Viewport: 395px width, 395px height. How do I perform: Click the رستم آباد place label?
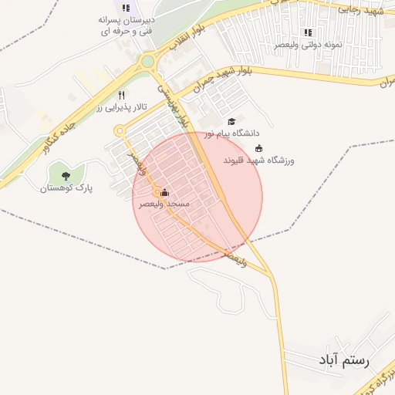(344, 360)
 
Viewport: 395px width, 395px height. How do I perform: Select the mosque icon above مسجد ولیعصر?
(164, 193)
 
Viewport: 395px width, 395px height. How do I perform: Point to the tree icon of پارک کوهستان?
(65, 177)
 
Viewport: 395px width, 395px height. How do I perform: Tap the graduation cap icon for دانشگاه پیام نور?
(231, 122)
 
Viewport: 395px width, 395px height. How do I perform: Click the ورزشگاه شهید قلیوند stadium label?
(258, 160)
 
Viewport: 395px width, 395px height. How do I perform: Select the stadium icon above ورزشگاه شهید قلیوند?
(258, 149)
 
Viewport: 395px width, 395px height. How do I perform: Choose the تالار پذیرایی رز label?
(120, 109)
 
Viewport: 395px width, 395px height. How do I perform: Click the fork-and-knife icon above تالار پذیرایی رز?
(120, 96)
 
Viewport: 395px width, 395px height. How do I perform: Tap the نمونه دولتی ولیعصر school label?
(308, 45)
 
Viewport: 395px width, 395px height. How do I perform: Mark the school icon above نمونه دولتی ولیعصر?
(308, 32)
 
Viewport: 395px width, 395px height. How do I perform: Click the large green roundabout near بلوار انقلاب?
(147, 61)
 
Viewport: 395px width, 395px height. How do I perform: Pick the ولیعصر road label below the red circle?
(234, 257)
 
